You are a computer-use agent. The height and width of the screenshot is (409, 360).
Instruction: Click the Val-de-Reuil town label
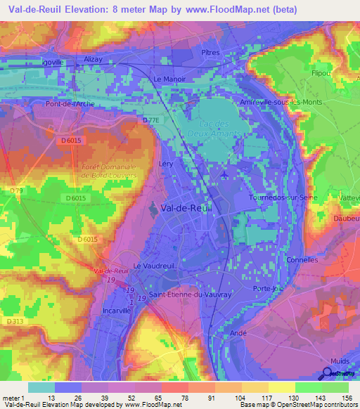[x=186, y=207]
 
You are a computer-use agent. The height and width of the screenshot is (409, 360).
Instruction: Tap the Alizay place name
[x=93, y=60]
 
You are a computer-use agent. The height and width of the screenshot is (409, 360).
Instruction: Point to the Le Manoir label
[x=169, y=79]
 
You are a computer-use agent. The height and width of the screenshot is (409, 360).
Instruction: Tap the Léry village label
[x=167, y=162]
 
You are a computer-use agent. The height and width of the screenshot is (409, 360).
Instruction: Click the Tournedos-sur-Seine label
[x=284, y=197]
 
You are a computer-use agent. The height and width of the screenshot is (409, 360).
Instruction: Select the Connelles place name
[x=302, y=260]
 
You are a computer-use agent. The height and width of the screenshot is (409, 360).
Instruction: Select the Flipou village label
[x=320, y=72]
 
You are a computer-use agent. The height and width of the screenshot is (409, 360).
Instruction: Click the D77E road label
[x=150, y=120]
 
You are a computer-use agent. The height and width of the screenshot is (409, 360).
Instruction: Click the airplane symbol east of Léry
[x=223, y=174]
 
